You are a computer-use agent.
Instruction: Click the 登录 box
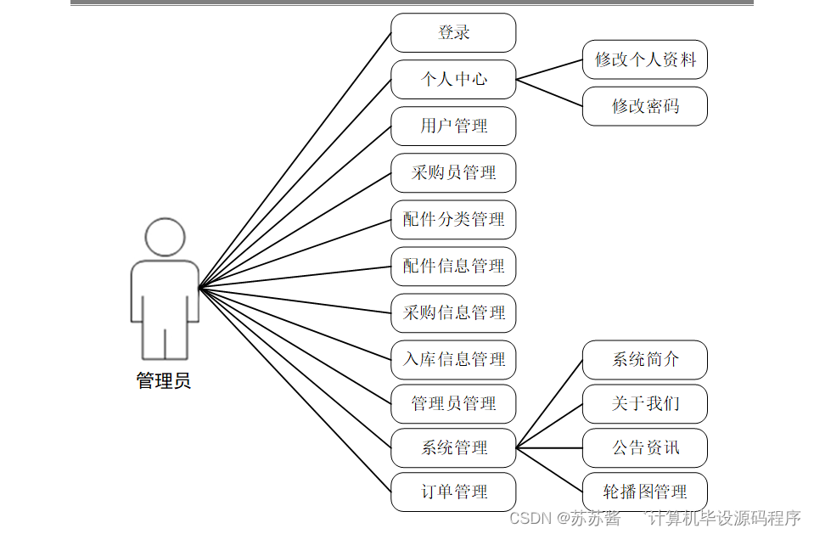[x=453, y=33]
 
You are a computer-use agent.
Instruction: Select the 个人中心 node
[x=453, y=80]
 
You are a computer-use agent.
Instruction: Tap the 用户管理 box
[x=453, y=126]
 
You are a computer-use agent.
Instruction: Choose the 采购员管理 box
[x=453, y=173]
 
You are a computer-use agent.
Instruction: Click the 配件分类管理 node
[x=453, y=220]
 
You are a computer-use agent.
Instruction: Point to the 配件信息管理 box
[x=453, y=267]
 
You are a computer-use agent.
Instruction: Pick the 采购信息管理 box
[x=453, y=313]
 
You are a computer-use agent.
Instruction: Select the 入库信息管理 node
[x=453, y=360]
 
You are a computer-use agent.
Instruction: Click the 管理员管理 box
[x=453, y=404]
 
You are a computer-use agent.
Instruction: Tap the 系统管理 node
[x=453, y=448]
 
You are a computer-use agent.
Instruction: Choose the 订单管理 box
[x=453, y=492]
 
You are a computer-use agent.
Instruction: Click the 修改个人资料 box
[x=645, y=60]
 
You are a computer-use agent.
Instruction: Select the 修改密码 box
[x=645, y=107]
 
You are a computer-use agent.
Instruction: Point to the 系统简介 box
[x=645, y=360]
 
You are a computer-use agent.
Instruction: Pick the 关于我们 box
[x=645, y=404]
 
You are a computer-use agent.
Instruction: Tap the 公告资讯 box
[x=645, y=448]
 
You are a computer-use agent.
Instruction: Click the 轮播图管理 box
[x=645, y=492]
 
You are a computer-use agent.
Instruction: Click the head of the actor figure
[x=165, y=238]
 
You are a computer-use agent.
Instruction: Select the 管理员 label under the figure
[x=164, y=381]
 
